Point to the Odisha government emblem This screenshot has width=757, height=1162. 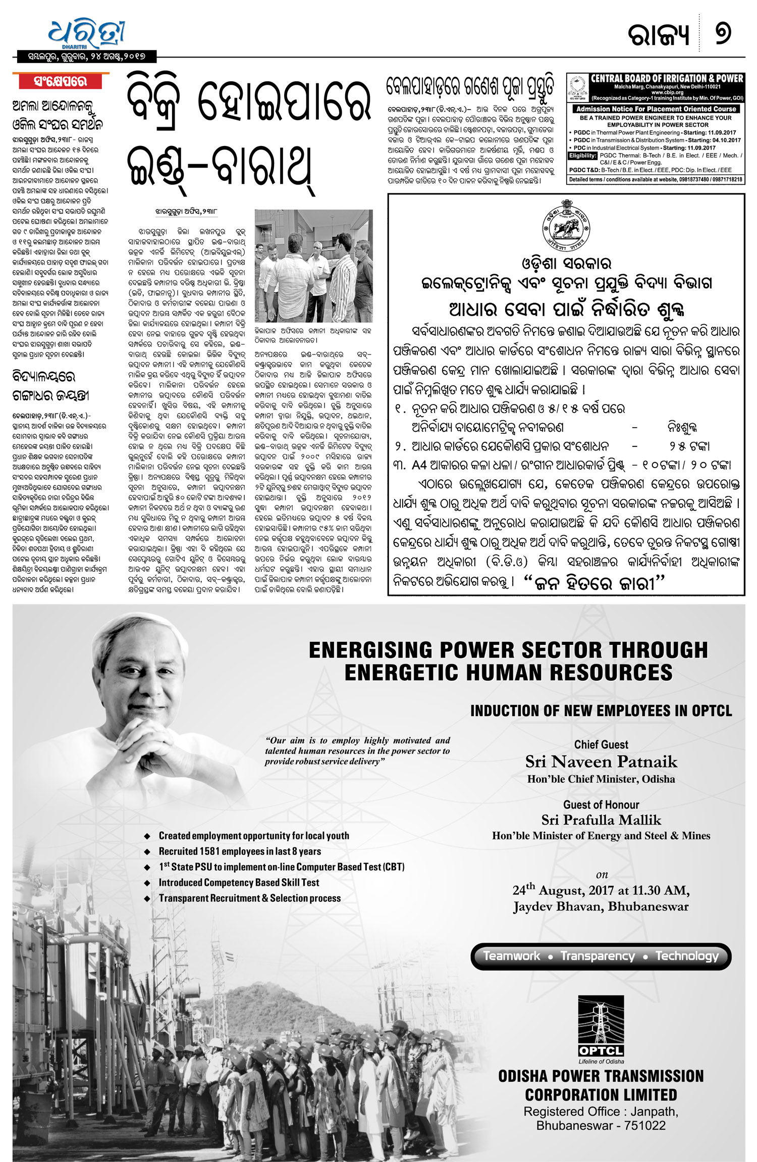click(x=566, y=223)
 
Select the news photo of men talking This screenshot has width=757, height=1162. click(x=313, y=266)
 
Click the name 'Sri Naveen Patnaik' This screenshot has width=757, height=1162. click(x=601, y=762)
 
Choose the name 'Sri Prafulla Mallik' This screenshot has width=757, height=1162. click(x=601, y=820)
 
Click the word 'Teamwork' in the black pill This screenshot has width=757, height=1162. click(x=511, y=956)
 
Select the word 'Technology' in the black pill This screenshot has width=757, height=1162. click(x=687, y=956)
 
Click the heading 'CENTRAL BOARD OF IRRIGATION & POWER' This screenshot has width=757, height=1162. click(x=667, y=79)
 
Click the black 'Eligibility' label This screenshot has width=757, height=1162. click(x=583, y=156)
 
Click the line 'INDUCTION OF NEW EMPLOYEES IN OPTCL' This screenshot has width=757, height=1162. click(x=601, y=711)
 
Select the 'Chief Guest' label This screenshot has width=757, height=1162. click(x=601, y=744)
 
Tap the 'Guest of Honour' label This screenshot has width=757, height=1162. click(x=601, y=804)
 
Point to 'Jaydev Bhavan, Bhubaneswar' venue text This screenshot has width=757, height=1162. click(x=601, y=906)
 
